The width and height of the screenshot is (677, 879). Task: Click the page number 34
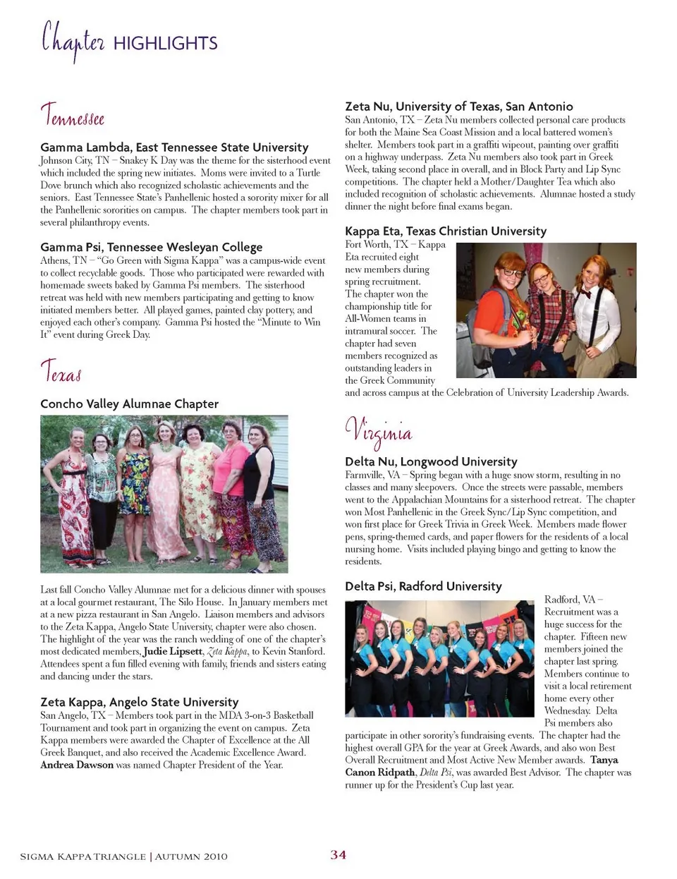pyautogui.click(x=338, y=855)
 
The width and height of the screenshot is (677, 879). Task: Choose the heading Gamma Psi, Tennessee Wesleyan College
pyautogui.click(x=151, y=247)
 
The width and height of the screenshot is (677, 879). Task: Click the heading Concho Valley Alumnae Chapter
pyautogui.click(x=129, y=404)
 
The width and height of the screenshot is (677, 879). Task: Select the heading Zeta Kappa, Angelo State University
pyautogui.click(x=139, y=702)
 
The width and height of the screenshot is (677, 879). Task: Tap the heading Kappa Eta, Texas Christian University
pyautogui.click(x=445, y=231)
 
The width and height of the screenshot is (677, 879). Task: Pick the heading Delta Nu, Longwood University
pyautogui.click(x=431, y=461)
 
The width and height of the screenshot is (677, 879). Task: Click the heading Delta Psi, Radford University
pyautogui.click(x=423, y=586)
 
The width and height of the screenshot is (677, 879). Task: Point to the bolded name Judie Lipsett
pyautogui.click(x=173, y=651)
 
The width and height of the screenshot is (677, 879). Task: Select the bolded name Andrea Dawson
pyautogui.click(x=76, y=765)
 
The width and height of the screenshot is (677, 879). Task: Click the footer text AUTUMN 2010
pyautogui.click(x=191, y=856)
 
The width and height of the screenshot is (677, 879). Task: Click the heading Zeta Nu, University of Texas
pyautogui.click(x=458, y=107)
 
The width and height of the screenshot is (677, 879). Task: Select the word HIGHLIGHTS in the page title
pyautogui.click(x=165, y=44)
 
